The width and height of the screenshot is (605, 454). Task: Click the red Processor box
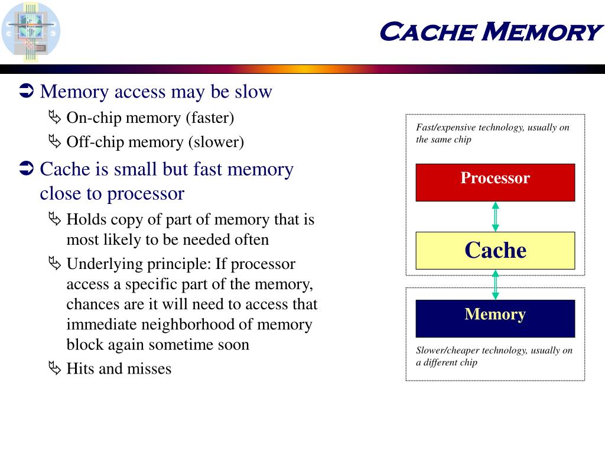coord(495,182)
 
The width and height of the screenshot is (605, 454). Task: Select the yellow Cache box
coord(495,250)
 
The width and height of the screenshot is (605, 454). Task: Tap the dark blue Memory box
coord(495,318)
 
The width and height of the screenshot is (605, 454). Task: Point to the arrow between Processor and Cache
coord(495,216)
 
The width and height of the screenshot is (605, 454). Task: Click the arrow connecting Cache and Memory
coord(495,284)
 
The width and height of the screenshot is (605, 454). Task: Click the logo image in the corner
coord(31,31)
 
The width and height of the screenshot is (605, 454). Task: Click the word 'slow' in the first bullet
coord(253,92)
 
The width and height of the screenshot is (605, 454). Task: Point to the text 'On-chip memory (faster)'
coord(150,118)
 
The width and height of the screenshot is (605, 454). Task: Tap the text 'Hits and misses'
coord(119,369)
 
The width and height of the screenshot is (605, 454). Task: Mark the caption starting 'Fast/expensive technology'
coord(492,133)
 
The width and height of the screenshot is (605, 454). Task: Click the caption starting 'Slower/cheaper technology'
coord(494,356)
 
